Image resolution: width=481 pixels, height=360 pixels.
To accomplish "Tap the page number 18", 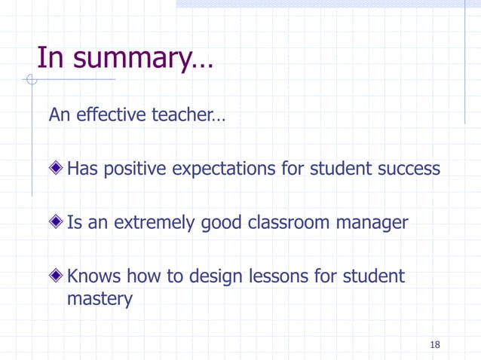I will click(x=434, y=345).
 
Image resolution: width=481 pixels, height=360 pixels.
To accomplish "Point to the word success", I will click(x=407, y=169).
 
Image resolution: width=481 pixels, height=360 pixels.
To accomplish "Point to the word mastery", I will click(x=100, y=299).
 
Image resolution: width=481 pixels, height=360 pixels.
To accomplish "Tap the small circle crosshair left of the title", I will click(x=31, y=79).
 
